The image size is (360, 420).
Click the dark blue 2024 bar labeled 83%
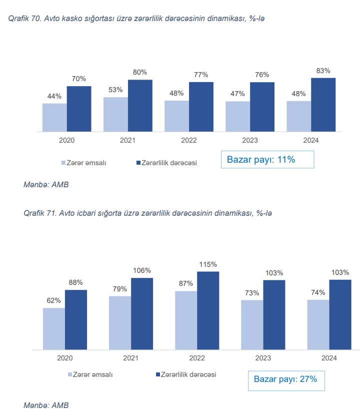[323, 105]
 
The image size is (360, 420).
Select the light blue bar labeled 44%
[54, 118]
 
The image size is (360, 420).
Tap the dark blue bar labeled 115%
[208, 310]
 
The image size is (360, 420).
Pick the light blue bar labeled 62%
[54, 328]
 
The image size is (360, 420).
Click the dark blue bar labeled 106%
[142, 313]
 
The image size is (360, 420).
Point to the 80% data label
[140, 72]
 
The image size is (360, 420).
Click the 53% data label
[115, 90]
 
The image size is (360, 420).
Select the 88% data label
[76, 282]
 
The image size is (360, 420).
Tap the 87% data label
[186, 283]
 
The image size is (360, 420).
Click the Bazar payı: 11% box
[267, 160]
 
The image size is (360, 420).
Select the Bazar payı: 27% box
[285, 379]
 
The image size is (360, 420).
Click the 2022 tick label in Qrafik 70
[189, 141]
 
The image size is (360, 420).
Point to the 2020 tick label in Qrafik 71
[65, 358]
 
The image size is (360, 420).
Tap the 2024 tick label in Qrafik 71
[329, 358]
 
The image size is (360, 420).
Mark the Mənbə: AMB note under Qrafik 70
[46, 185]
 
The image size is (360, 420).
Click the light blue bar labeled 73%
[252, 324]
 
